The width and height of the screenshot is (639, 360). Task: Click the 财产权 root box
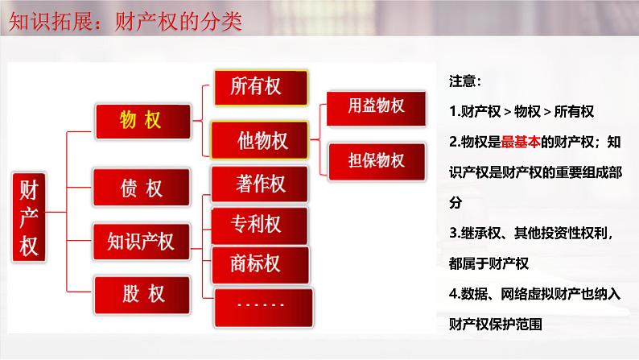(x=29, y=218)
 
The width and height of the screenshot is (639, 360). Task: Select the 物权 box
(x=140, y=121)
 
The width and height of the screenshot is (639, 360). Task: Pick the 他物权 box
(x=260, y=140)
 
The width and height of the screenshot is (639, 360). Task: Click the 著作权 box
(x=260, y=184)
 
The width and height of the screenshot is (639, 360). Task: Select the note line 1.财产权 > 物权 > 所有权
(x=522, y=111)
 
